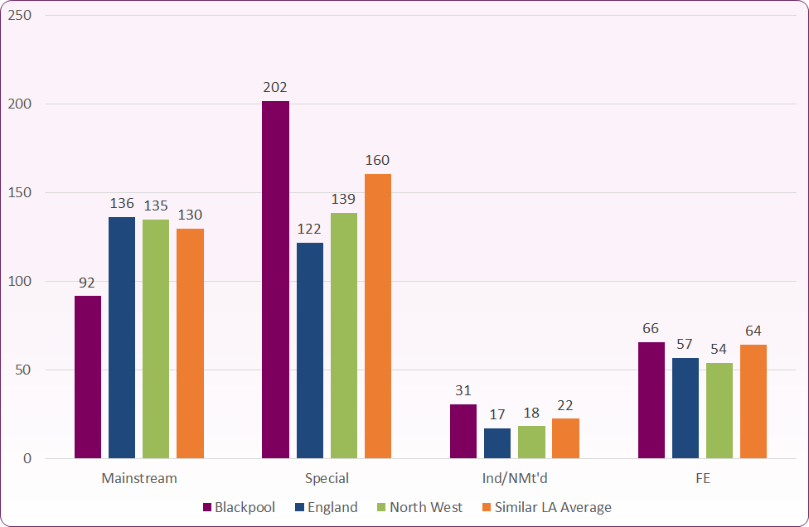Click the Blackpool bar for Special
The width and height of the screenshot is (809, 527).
[x=275, y=280]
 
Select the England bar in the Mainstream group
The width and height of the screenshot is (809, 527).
[x=122, y=338]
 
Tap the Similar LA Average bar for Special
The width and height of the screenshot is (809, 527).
[x=377, y=317]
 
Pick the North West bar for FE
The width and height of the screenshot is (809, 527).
[x=719, y=411]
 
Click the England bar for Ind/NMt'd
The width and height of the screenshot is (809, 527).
[x=497, y=443]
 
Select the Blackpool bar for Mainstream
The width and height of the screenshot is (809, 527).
[x=88, y=377]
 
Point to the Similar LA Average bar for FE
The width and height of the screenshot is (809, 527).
[x=753, y=402]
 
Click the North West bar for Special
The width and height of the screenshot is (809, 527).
[x=343, y=336]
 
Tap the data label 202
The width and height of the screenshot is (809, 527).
[x=275, y=87]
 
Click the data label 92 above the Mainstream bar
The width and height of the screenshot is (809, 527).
[x=87, y=283]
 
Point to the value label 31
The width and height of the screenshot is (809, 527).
[x=463, y=391]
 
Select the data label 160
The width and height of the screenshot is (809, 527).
[x=377, y=160]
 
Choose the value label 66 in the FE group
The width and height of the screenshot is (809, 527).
[x=652, y=329]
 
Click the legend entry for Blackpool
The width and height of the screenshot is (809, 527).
[x=240, y=507]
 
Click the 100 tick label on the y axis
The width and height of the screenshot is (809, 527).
[x=19, y=282]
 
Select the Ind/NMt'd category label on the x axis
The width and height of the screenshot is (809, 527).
[x=515, y=478]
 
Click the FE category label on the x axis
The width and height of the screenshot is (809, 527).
[x=702, y=478]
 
